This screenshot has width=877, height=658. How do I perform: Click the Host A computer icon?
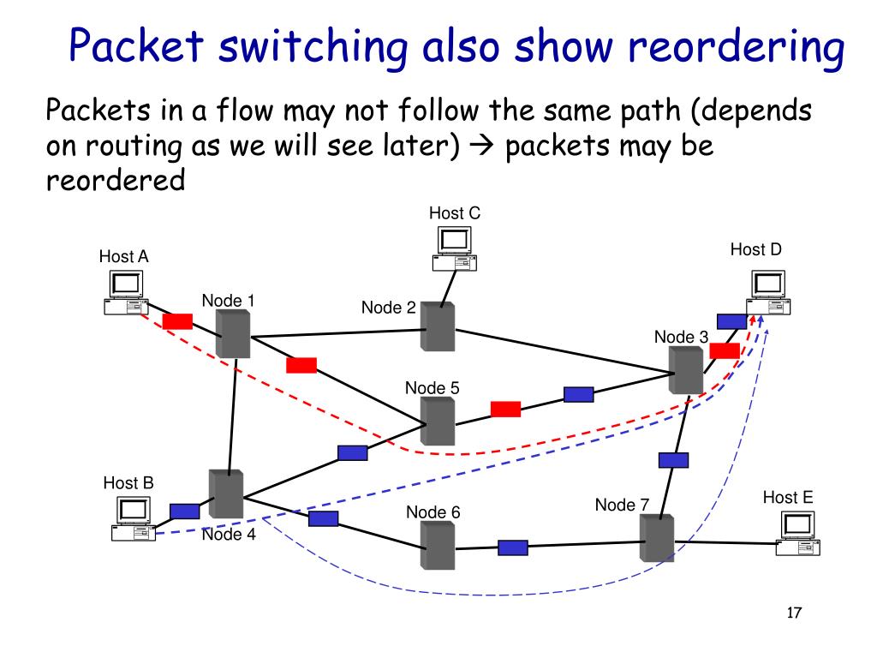coord(126,293)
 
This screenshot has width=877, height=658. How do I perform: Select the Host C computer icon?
coord(454,249)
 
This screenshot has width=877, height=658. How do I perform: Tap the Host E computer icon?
coord(797,533)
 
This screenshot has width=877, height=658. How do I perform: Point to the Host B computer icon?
coord(133,518)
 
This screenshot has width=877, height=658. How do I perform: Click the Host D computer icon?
coord(768,293)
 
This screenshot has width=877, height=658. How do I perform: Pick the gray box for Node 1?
coord(233,333)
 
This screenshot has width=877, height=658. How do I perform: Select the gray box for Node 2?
coord(438,326)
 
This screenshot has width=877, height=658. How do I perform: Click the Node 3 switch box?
coord(686,370)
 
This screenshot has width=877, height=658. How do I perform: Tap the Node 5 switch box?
coord(438,422)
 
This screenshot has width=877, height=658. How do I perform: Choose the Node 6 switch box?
coord(438,546)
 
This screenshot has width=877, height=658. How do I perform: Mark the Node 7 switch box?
coord(657,538)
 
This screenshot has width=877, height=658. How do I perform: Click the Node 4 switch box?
coord(226,493)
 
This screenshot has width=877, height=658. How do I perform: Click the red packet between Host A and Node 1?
coord(177,321)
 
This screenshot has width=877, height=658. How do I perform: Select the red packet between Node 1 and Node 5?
coord(301,365)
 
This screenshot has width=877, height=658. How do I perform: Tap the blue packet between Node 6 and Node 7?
coord(513,547)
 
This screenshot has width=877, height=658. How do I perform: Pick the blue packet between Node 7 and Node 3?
coord(673,460)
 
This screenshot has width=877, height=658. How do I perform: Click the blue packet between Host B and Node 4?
coord(185,511)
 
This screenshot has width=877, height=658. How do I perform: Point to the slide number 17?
coord(794,613)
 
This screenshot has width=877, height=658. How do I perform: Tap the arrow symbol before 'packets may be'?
coord(481,146)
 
